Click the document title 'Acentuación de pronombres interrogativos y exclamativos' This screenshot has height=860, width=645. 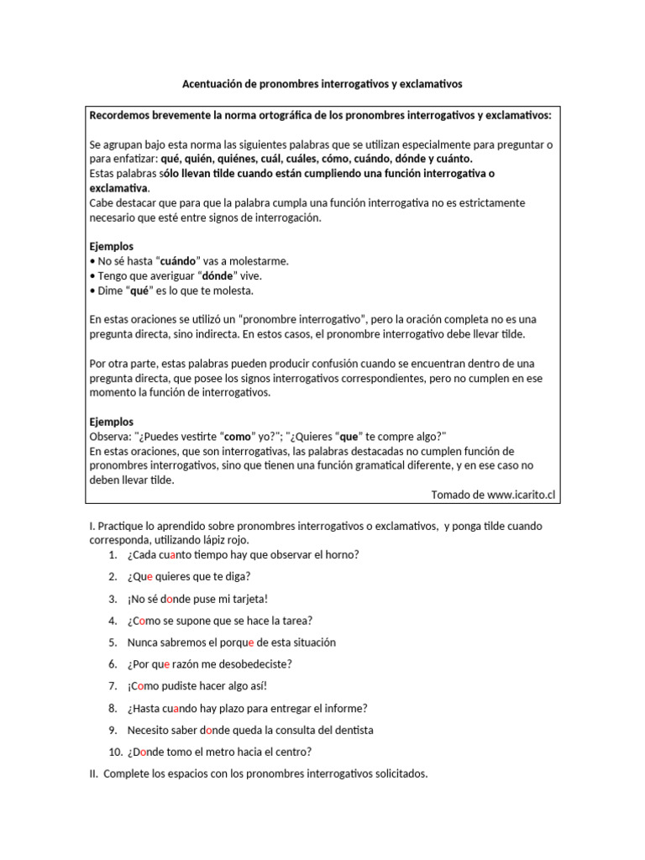(322, 85)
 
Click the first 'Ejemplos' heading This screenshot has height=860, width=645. (111, 246)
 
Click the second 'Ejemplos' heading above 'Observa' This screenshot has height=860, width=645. (111, 422)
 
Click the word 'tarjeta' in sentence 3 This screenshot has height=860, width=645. (244, 599)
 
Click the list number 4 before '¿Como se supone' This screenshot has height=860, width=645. (113, 621)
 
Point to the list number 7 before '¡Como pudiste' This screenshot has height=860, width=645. (113, 686)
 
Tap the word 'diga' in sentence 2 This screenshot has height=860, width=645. (237, 576)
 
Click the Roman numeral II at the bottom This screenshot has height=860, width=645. (93, 773)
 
